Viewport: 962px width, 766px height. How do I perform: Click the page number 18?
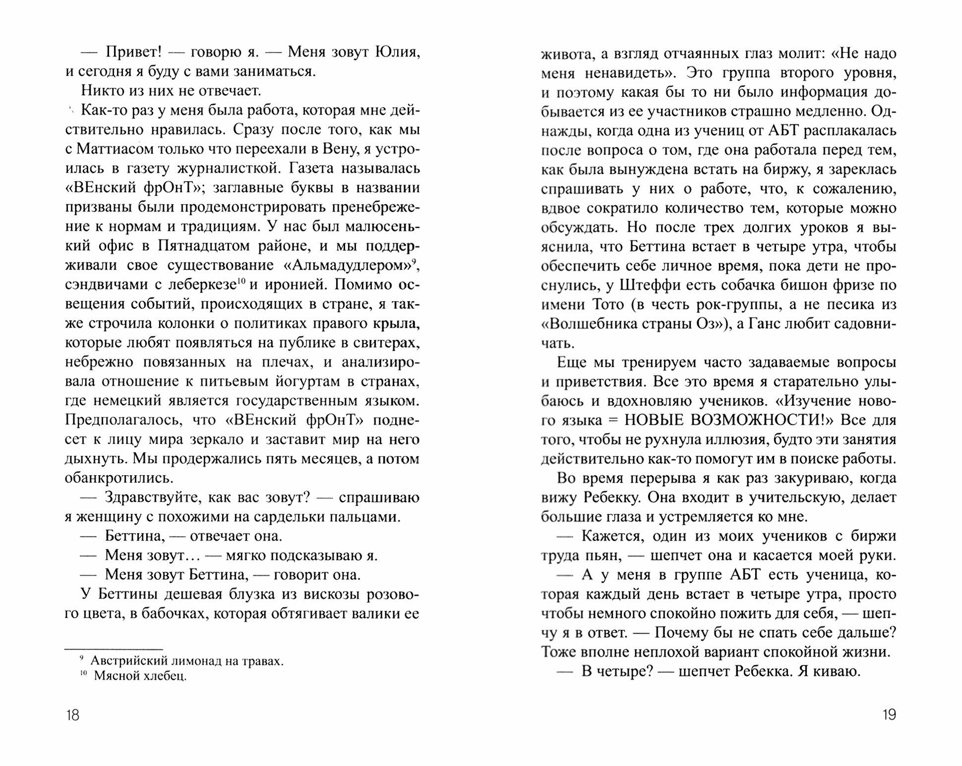[72, 715]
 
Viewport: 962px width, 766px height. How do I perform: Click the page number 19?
[889, 715]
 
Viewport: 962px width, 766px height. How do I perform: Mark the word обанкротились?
[119, 478]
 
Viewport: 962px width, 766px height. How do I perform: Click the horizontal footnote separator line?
[114, 649]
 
